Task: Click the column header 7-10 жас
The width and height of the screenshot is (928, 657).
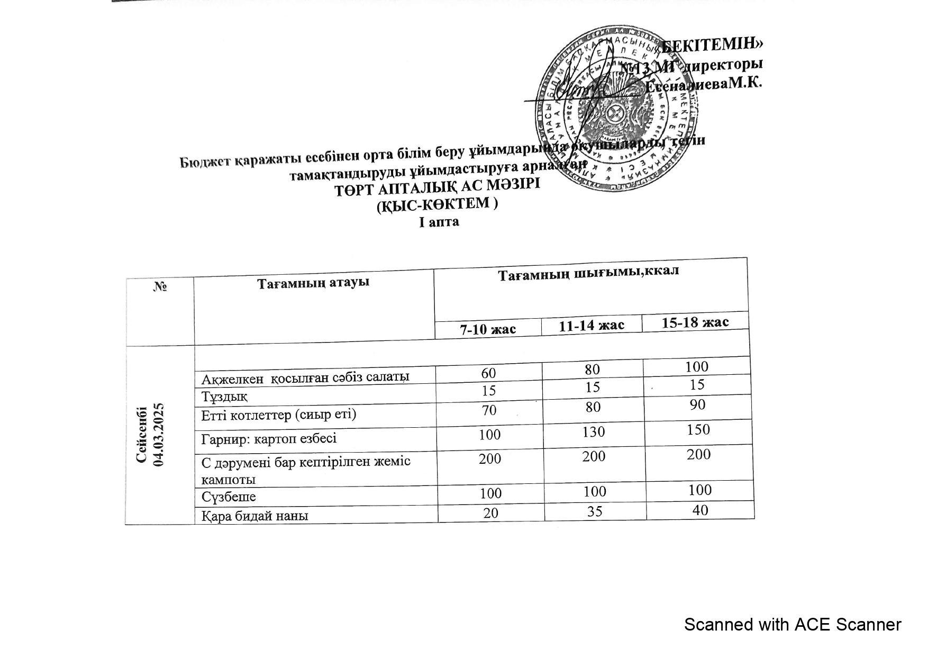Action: tap(487, 329)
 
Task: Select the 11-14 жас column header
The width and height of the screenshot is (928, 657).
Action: tap(592, 325)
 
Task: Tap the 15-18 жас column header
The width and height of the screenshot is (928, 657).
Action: tap(695, 322)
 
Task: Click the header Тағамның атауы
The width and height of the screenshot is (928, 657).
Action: tap(313, 283)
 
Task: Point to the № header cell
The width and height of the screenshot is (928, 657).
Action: tap(160, 287)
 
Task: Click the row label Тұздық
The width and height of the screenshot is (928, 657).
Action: tap(224, 396)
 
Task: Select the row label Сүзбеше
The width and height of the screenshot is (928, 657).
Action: tap(229, 497)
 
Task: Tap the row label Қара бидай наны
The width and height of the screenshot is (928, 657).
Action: tap(255, 515)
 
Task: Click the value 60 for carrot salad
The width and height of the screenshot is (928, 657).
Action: tap(488, 373)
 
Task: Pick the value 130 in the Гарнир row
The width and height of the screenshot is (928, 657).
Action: tap(593, 432)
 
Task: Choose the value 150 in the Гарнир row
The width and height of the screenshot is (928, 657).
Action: tap(698, 429)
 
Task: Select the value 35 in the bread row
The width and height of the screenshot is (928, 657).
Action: tap(595, 511)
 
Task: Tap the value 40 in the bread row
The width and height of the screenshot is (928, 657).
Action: tap(699, 510)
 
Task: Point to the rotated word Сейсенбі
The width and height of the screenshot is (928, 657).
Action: tap(142, 435)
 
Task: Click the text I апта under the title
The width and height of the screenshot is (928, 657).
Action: tap(439, 222)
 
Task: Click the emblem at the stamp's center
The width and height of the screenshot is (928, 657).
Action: tap(615, 112)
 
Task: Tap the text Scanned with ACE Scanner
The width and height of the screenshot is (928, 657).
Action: tap(792, 625)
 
